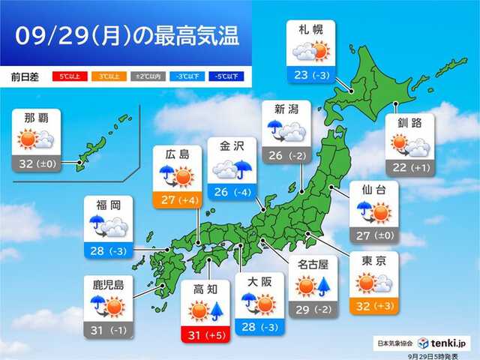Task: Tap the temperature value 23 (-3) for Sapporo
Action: [310, 75]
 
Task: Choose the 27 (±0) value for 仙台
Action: [373, 237]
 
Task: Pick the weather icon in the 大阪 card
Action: [259, 302]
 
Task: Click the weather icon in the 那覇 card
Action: [37, 140]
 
